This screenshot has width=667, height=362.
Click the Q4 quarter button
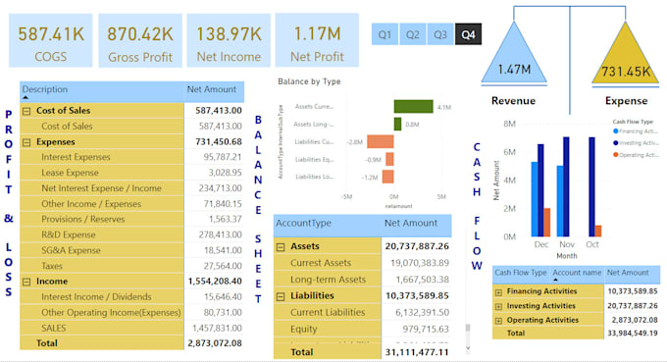click(x=468, y=34)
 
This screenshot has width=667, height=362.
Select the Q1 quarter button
click(x=385, y=34)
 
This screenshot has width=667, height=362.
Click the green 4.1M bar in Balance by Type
click(x=414, y=106)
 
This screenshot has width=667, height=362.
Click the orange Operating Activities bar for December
click(x=546, y=222)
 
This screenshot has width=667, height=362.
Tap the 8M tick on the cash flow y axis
click(x=509, y=124)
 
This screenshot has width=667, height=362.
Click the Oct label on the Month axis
click(x=591, y=244)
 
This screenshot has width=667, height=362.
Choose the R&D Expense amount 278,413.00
click(x=213, y=234)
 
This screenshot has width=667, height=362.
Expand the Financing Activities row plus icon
click(x=499, y=291)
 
